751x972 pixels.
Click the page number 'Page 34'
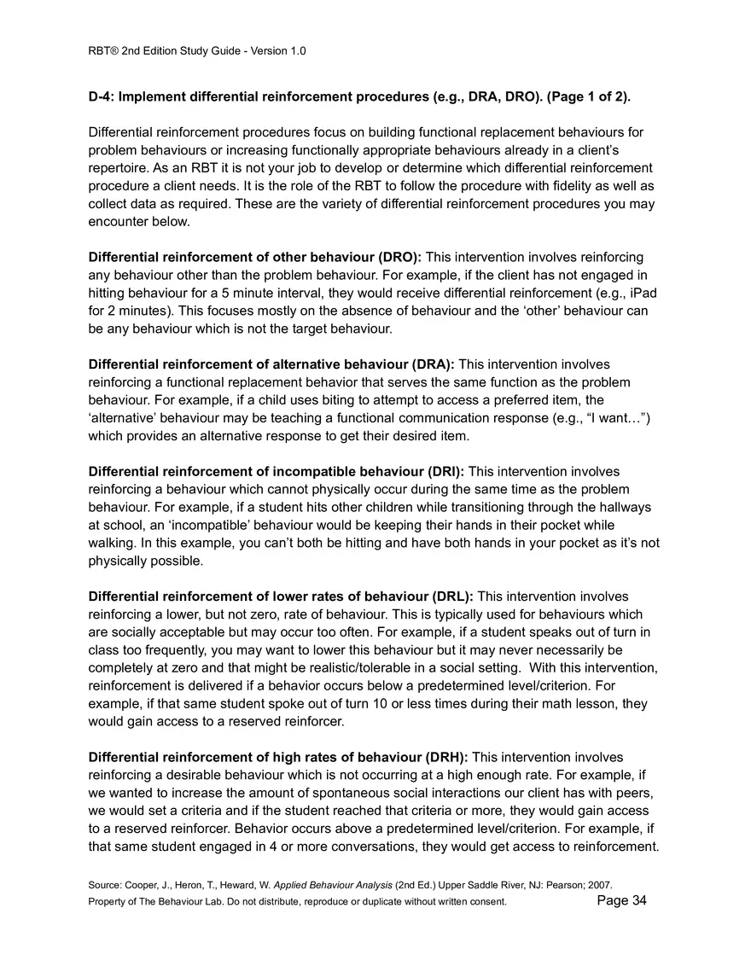[621, 901]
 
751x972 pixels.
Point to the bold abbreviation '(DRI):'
[443, 471]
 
